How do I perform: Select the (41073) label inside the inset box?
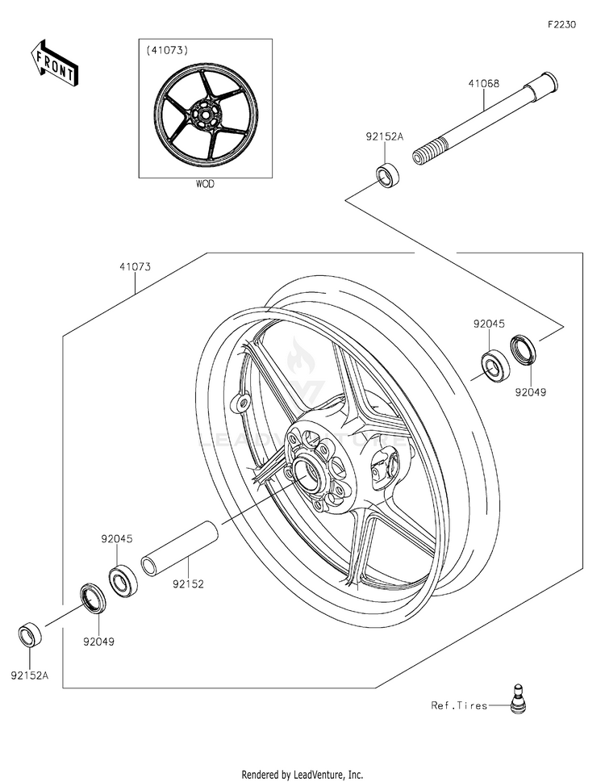point(167,50)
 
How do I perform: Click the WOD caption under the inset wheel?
point(206,184)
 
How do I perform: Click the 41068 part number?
point(484,82)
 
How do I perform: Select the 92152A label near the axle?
point(383,137)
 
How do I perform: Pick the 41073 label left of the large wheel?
point(136,266)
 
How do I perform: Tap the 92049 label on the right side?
point(532,393)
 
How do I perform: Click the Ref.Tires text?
point(459,705)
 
